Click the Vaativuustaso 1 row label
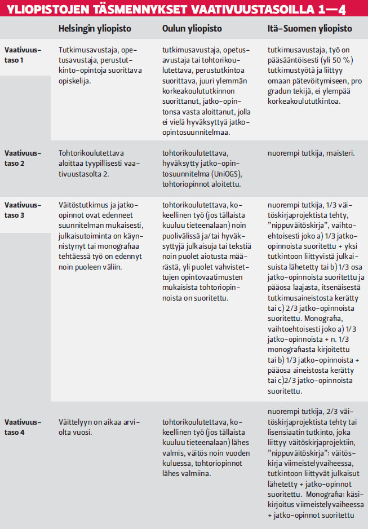click(x=23, y=54)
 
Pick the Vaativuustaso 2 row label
click(x=23, y=157)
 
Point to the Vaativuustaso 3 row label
click(x=23, y=209)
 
